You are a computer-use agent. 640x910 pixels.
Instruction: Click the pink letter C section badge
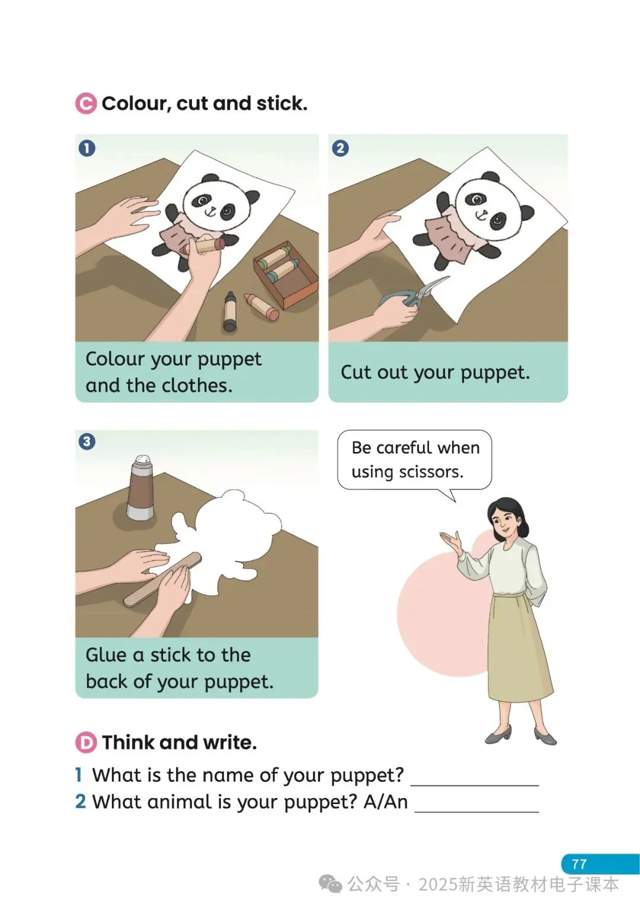86,104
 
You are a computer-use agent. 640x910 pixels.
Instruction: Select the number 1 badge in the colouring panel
87,148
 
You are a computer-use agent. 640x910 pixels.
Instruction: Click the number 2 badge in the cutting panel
340,148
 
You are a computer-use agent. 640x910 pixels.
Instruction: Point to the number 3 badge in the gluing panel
87,441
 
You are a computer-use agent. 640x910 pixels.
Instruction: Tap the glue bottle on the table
140,488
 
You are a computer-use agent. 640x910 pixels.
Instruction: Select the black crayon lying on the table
230,311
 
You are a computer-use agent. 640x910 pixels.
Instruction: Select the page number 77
579,864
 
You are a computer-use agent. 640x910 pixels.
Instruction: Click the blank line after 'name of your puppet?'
475,786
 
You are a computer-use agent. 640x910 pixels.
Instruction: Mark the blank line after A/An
476,812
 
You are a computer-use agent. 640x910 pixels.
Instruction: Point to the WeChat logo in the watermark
330,884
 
